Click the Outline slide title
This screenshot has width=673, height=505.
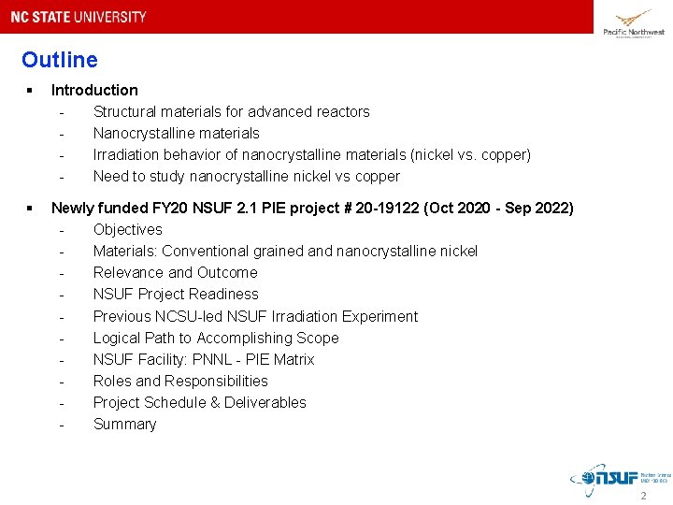(59, 61)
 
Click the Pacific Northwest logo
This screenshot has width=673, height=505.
(633, 22)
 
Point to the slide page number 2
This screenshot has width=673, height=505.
(643, 496)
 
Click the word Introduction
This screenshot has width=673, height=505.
(94, 91)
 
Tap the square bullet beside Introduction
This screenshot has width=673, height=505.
(31, 91)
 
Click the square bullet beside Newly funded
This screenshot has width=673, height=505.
(31, 208)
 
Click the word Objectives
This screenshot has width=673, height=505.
(127, 230)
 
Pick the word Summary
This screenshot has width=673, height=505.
(124, 425)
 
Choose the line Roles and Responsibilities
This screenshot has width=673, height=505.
(180, 382)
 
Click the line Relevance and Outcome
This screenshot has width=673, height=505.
(175, 273)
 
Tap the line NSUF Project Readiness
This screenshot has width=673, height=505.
(176, 295)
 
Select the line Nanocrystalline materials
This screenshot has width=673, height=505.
(176, 134)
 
